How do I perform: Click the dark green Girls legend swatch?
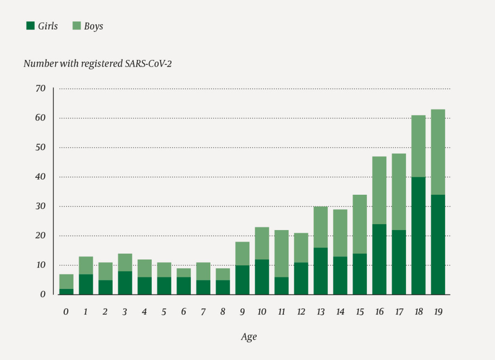[30, 26]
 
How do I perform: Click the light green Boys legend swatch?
[76, 26]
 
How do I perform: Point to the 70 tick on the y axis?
[40, 88]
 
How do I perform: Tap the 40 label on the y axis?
[40, 177]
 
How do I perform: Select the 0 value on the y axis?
[43, 294]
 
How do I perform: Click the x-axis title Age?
[248, 337]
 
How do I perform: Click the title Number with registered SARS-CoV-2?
[98, 63]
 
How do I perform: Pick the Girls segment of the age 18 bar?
[419, 236]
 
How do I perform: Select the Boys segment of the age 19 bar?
[438, 152]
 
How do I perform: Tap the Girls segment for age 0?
[66, 291]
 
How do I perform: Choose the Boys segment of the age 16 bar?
[379, 190]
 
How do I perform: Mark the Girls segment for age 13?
[320, 271]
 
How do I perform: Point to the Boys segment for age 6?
[184, 273]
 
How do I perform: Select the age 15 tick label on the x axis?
[360, 312]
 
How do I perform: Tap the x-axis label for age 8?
[223, 312]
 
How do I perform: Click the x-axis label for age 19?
[438, 312]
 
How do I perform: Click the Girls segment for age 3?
[125, 283]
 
